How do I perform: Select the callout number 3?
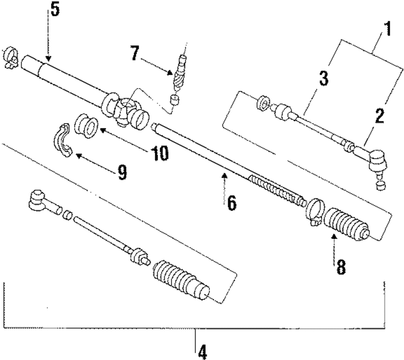[323, 77]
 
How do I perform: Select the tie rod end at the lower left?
[41, 200]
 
